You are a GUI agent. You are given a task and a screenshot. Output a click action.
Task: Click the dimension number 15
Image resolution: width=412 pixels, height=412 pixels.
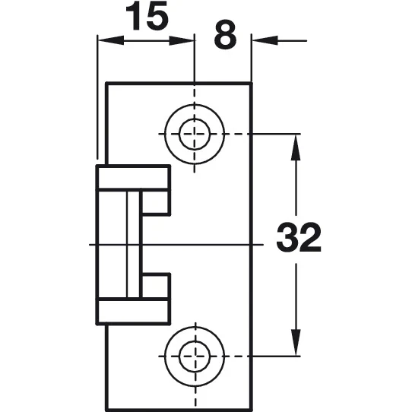click(147, 15)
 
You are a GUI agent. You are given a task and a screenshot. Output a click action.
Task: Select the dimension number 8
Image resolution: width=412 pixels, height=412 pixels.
click(225, 36)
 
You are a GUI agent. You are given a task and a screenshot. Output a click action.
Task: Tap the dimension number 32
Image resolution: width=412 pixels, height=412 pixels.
click(299, 237)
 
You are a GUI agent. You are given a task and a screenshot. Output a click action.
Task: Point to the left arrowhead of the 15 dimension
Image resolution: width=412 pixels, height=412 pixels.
click(110, 40)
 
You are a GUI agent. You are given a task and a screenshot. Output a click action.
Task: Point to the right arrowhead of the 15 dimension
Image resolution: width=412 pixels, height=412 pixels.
click(182, 40)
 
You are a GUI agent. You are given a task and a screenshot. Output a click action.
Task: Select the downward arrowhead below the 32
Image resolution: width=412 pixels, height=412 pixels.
click(296, 343)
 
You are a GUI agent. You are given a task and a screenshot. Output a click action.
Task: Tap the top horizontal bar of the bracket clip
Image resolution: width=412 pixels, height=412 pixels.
click(133, 178)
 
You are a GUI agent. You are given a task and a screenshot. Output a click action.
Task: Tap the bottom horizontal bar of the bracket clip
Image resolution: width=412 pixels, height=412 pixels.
click(133, 312)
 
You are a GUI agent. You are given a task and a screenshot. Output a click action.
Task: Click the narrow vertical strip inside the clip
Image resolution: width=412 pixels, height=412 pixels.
click(133, 245)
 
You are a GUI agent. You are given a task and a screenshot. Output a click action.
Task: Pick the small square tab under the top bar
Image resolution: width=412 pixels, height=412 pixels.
click(155, 203)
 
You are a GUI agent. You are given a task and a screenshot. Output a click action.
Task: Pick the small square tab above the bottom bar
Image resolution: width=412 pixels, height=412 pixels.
click(155, 286)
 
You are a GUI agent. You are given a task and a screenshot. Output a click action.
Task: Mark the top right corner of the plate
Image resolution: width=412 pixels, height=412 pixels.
click(251, 84)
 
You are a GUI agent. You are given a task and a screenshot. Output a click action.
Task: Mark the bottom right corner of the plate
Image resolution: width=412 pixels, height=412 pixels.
click(251, 410)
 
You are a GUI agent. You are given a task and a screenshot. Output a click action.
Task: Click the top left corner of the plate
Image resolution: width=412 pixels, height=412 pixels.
click(107, 84)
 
